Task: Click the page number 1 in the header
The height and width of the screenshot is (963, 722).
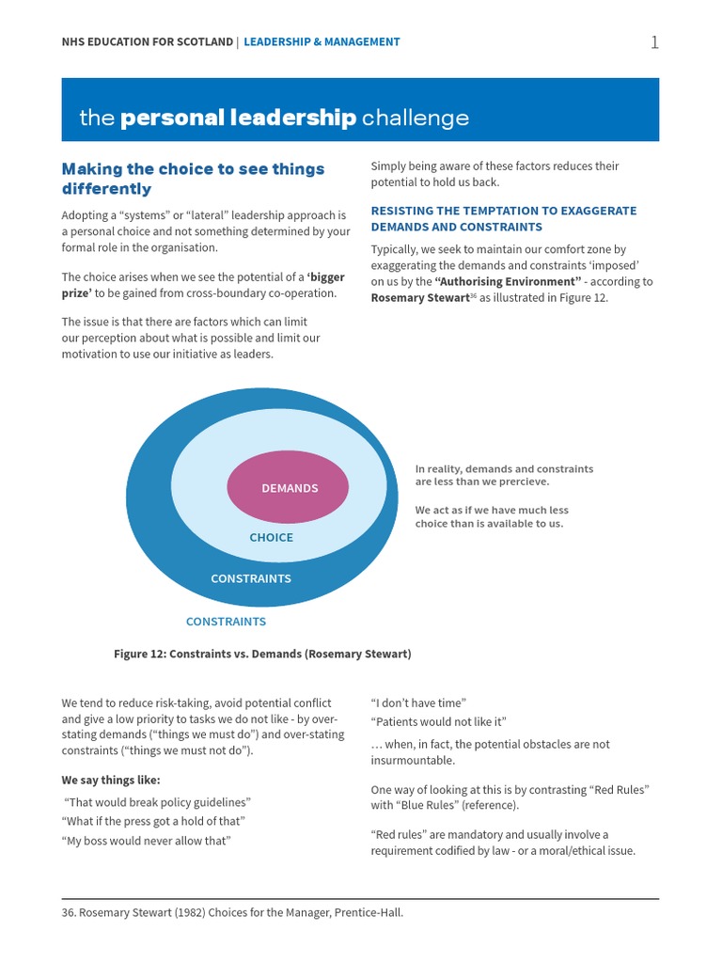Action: (x=654, y=42)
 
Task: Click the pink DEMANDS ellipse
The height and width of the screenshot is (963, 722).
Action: (x=289, y=488)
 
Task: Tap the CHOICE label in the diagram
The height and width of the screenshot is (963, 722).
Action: (x=271, y=538)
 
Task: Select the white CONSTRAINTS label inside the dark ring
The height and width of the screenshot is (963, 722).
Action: (x=251, y=578)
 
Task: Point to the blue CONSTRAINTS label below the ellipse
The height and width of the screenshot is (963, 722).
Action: (x=226, y=622)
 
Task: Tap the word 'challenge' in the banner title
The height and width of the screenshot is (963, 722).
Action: (x=415, y=118)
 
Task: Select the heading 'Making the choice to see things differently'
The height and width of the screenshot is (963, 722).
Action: (x=193, y=179)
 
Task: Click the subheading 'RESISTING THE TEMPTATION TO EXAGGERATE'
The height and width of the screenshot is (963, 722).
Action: (x=503, y=211)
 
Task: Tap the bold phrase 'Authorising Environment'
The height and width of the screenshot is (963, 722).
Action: (x=508, y=282)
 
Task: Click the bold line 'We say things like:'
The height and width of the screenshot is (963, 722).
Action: (x=111, y=780)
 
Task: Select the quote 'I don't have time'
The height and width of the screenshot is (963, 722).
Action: (x=418, y=703)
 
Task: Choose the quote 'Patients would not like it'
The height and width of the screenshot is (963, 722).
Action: (x=438, y=721)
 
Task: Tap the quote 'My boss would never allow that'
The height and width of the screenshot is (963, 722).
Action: (x=147, y=841)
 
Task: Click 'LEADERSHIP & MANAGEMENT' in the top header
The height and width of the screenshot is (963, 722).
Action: (x=322, y=42)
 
